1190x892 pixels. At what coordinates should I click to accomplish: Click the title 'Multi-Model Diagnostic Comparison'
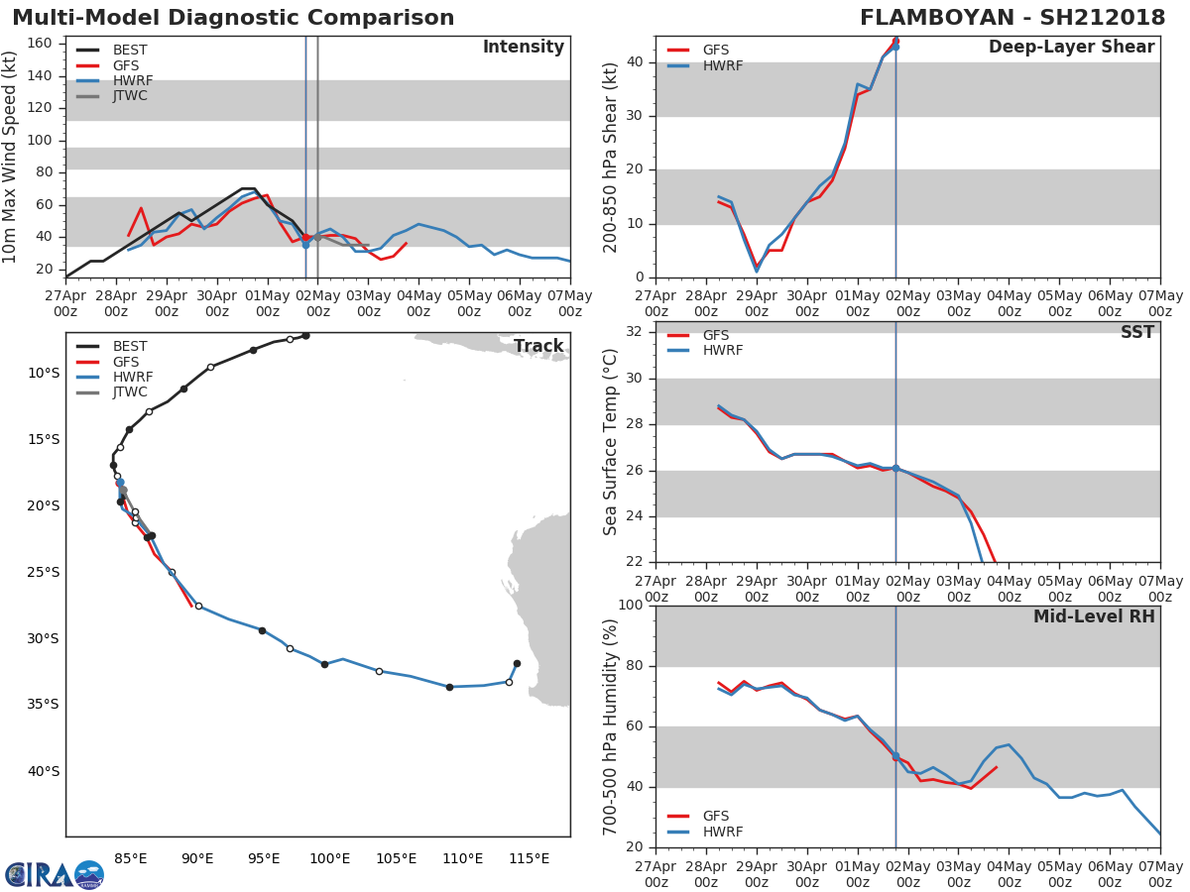[233, 18]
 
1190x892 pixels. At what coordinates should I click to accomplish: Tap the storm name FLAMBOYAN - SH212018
[1012, 18]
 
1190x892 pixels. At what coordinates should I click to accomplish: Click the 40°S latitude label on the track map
[43, 771]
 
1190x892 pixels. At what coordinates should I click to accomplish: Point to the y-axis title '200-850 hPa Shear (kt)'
[612, 157]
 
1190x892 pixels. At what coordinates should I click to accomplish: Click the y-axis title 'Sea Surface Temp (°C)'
[612, 441]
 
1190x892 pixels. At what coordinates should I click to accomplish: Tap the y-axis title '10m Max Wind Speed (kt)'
[11, 157]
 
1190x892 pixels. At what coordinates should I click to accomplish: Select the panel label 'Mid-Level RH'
[1094, 616]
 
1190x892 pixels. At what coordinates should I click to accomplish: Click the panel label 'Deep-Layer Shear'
[1071, 47]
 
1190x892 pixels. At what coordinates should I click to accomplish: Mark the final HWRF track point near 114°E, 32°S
[517, 664]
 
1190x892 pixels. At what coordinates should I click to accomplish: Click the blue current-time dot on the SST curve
[895, 468]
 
